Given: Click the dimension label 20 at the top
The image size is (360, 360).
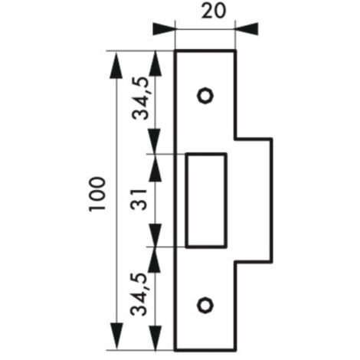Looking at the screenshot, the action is click(x=214, y=11).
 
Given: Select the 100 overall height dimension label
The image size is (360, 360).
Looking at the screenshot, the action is click(x=97, y=194).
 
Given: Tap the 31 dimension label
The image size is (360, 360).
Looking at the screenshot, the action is click(x=139, y=199).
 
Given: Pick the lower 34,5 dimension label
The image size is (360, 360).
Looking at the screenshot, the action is click(x=139, y=294).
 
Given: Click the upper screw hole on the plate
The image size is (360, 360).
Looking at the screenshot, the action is click(x=205, y=96).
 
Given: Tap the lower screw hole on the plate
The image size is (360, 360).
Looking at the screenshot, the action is click(x=205, y=305).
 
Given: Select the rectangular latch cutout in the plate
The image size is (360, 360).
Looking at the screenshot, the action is click(x=206, y=201).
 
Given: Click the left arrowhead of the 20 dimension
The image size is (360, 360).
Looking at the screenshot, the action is click(x=164, y=29).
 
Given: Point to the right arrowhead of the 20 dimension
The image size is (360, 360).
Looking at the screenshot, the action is click(x=247, y=29).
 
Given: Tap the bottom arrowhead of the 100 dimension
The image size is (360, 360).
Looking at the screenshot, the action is click(x=116, y=336).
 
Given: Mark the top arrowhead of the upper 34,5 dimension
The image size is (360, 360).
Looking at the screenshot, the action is click(x=155, y=64).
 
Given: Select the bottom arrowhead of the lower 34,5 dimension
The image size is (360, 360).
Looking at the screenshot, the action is click(x=155, y=338).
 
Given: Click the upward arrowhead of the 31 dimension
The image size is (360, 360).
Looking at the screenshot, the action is click(x=155, y=167).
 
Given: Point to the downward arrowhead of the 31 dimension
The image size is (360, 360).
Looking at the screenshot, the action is click(x=155, y=234).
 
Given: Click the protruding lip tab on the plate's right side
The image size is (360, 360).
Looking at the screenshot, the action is click(x=254, y=201).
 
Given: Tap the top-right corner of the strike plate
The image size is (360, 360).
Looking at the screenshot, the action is click(x=235, y=51).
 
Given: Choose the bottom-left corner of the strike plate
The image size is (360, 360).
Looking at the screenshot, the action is click(x=175, y=350).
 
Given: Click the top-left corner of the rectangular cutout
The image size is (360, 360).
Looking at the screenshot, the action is click(x=187, y=154).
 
